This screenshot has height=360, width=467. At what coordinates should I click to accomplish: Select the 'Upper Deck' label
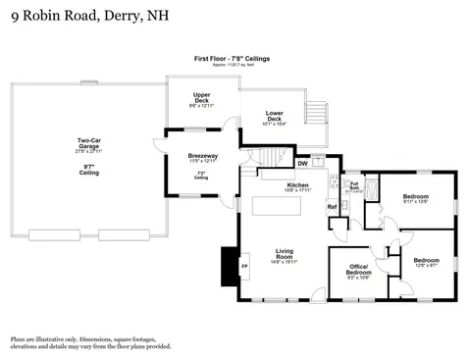[x=201, y=98]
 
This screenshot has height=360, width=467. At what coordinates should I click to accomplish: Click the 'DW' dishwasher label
[x=302, y=163]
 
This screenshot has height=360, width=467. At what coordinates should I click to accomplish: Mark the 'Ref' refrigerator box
[x=332, y=207]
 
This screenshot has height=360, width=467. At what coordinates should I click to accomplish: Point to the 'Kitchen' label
[x=297, y=187]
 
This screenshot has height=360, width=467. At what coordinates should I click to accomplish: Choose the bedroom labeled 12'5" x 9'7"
[x=426, y=263]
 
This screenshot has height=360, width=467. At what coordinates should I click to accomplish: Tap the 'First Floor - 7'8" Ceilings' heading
[x=233, y=59]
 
